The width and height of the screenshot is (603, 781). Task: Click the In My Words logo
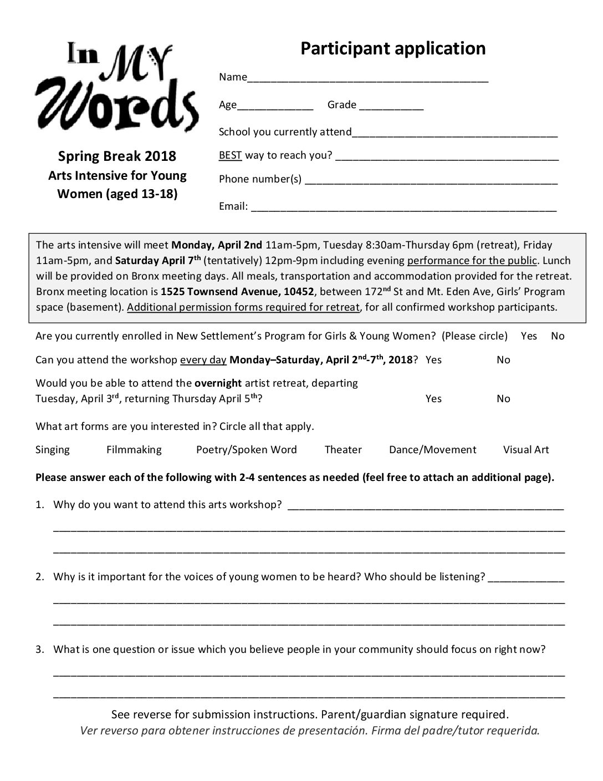117,87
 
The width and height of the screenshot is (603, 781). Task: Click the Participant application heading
392,49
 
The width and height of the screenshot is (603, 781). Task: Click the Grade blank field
391,106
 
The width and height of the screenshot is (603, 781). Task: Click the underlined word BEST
230,155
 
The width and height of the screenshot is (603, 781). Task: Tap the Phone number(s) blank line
431,180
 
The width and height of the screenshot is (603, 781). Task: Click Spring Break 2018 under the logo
117,156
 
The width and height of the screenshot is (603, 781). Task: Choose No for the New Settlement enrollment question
558,336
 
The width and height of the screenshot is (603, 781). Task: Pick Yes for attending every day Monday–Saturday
433,360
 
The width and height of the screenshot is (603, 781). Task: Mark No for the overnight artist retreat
503,399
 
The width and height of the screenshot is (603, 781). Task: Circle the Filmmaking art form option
134,450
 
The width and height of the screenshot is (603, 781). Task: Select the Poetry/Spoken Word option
246,450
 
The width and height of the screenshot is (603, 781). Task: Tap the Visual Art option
525,450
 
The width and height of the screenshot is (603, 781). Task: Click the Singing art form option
53,450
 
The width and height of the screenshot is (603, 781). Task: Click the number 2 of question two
39,577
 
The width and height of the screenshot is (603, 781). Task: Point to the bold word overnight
218,383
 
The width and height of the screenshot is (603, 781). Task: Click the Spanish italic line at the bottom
310,731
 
